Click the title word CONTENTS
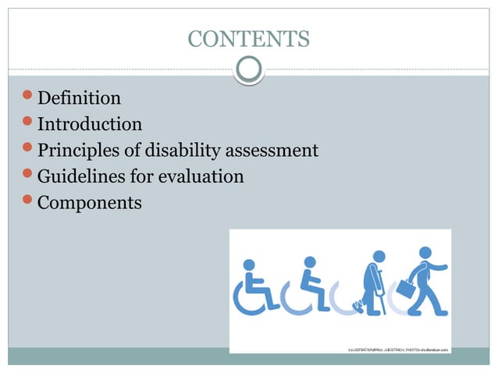pyautogui.click(x=249, y=38)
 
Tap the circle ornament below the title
pyautogui.click(x=249, y=71)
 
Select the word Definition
pyautogui.click(x=80, y=98)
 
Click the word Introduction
pyautogui.click(x=90, y=124)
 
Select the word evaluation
pyautogui.click(x=201, y=177)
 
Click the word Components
pyautogui.click(x=90, y=204)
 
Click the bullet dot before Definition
pyautogui.click(x=29, y=98)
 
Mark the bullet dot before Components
pyautogui.click(x=29, y=203)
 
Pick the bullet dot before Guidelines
pyautogui.click(x=29, y=176)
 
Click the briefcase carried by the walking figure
pyautogui.click(x=405, y=289)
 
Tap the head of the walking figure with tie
pyautogui.click(x=425, y=253)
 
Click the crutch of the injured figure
pyautogui.click(x=383, y=297)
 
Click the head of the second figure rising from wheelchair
pyautogui.click(x=310, y=262)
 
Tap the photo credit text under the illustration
pyautogui.click(x=398, y=349)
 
